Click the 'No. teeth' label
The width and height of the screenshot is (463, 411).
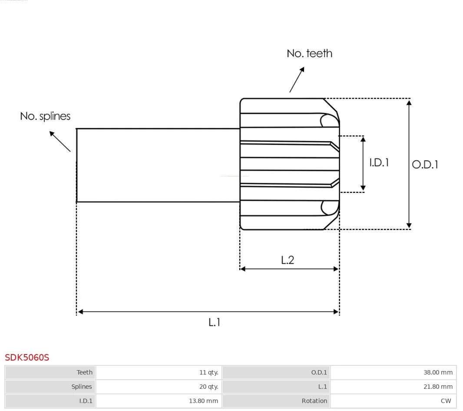309,53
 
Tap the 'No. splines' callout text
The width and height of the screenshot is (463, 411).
45,116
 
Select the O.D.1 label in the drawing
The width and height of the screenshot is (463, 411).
425,165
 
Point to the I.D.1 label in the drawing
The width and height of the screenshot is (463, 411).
379,162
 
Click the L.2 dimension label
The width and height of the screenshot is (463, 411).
288,260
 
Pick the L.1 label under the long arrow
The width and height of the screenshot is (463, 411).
215,322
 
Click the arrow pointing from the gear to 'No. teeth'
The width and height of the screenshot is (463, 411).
297,80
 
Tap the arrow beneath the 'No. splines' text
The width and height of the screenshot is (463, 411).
60,141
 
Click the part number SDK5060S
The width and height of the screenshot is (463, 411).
27,358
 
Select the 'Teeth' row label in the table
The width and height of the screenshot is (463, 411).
84,372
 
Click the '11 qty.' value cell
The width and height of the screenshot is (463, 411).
209,372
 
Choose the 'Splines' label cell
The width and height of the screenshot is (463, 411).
82,387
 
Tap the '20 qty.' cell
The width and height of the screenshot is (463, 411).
209,387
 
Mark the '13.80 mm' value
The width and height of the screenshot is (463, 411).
203,401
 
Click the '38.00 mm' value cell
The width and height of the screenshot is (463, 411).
438,372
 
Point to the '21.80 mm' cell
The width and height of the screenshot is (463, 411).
438,387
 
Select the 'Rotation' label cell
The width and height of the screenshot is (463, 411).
314,401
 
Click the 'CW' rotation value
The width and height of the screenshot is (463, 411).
446,401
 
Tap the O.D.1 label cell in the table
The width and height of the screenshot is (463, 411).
319,372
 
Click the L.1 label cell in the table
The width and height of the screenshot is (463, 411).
322,387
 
